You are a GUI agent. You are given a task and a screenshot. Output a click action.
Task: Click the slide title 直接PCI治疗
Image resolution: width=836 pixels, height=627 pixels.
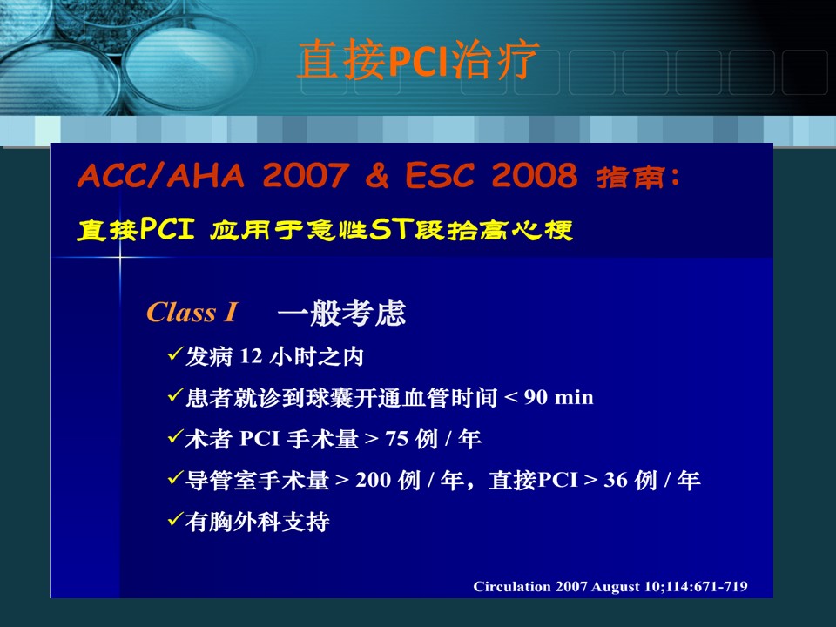(419, 60)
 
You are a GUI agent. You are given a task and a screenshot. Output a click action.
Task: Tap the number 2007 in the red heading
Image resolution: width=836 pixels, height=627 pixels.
(306, 175)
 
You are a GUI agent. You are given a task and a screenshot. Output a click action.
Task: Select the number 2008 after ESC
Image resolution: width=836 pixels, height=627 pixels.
(534, 175)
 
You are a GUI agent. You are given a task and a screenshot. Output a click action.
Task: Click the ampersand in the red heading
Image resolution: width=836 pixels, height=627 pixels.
(377, 175)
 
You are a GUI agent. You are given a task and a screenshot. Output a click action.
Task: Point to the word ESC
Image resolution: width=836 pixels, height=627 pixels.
(439, 175)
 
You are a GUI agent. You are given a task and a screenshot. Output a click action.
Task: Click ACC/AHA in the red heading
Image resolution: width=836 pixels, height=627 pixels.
(161, 175)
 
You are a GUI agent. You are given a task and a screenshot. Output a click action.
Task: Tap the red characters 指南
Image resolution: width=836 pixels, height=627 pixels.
(630, 177)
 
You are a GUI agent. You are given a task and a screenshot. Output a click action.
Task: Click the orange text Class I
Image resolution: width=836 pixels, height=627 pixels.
(192, 313)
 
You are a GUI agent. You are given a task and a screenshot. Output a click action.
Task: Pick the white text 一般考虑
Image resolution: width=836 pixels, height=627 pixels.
(341, 313)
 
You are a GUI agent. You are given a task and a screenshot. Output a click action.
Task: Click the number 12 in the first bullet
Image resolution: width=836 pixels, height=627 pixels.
(251, 356)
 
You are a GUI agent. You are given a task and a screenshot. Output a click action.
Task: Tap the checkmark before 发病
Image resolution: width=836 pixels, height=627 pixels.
(175, 354)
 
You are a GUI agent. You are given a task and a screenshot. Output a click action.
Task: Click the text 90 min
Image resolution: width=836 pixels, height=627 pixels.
(559, 397)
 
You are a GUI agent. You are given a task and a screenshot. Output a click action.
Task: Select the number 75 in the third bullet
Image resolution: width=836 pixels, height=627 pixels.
(397, 439)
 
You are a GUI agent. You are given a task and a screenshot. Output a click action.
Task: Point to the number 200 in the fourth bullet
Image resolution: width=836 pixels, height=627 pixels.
(374, 480)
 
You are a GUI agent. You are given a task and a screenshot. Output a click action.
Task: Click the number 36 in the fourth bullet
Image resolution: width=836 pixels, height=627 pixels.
(616, 480)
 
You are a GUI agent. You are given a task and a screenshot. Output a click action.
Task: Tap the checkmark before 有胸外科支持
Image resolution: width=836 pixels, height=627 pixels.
(175, 519)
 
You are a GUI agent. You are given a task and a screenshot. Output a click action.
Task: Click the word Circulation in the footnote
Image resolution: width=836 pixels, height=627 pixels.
(512, 586)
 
